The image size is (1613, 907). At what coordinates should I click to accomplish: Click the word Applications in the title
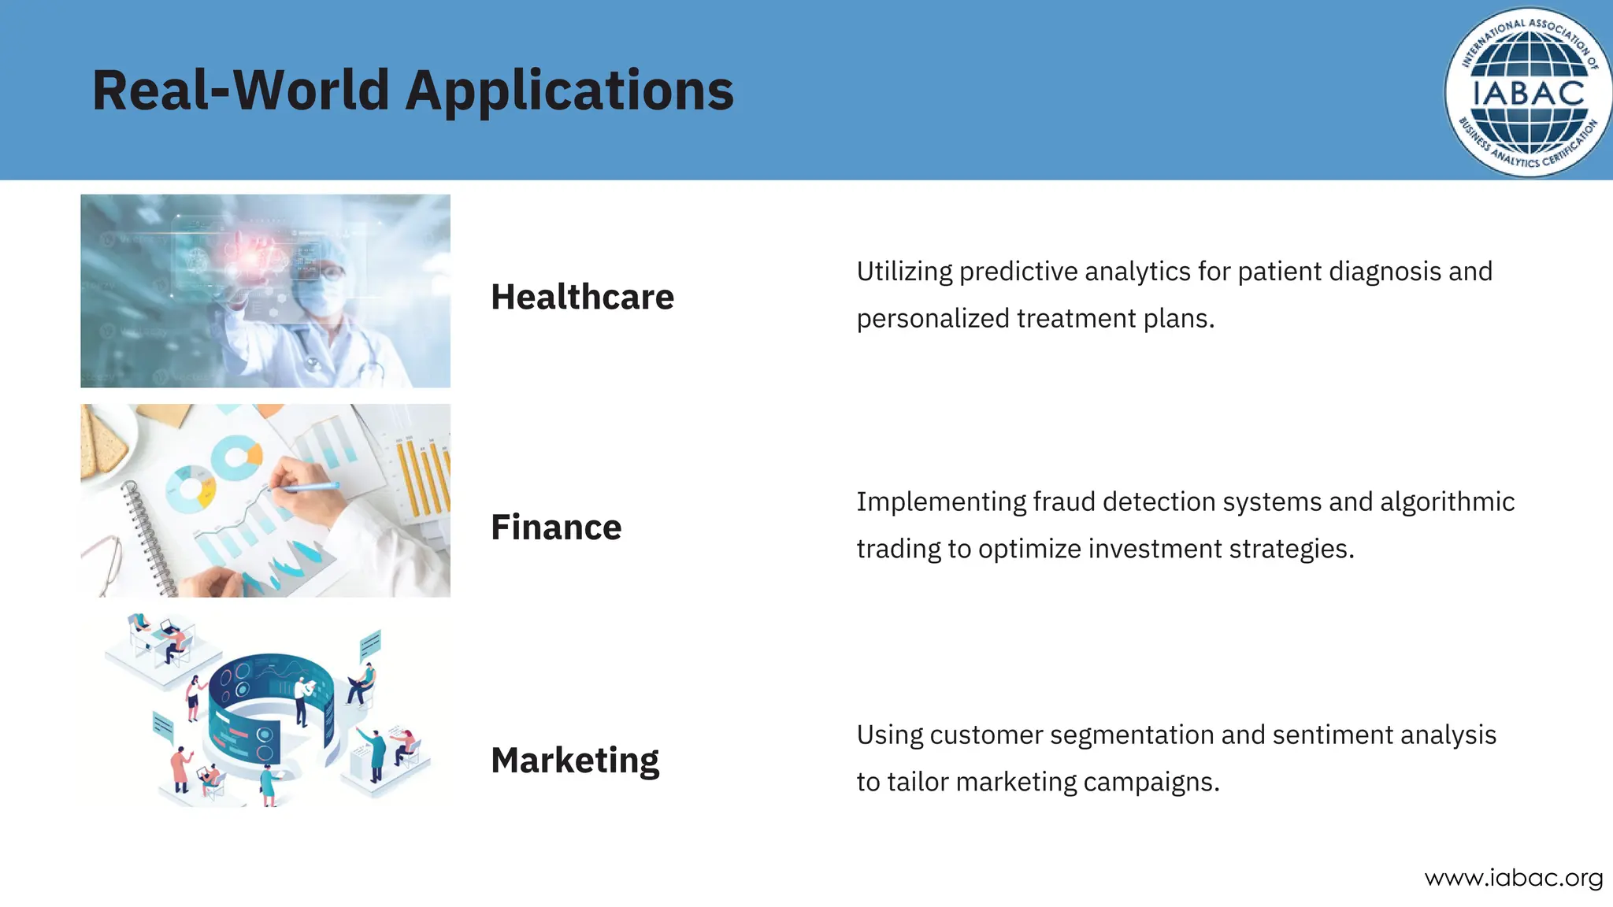coord(569,91)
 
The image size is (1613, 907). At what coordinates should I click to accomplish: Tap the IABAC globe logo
coord(1528,93)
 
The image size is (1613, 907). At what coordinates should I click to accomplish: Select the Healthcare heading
coord(582,297)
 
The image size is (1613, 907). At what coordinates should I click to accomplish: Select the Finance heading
coord(556,527)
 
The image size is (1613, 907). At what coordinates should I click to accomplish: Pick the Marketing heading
coord(575,760)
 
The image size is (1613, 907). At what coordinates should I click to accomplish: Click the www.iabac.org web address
coord(1513,877)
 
